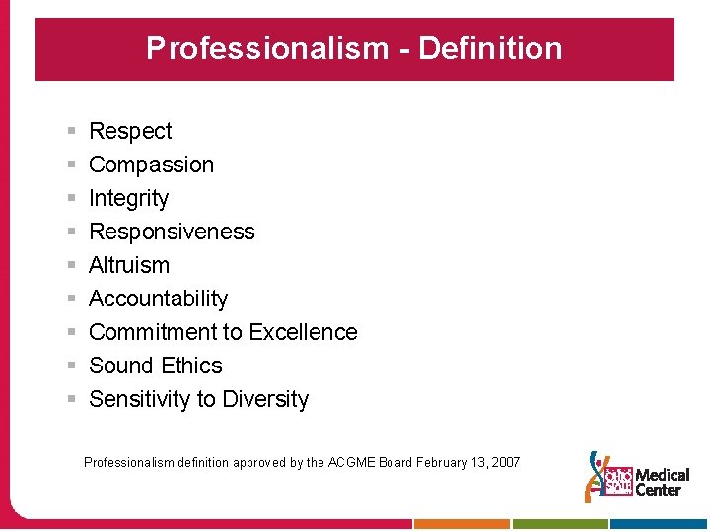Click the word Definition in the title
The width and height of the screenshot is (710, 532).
[490, 48]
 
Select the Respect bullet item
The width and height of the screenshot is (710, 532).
[130, 131]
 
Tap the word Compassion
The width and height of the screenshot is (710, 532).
[151, 165]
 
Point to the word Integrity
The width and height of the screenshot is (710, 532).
[128, 198]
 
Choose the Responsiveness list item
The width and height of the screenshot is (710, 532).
[172, 232]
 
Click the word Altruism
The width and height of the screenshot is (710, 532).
[129, 265]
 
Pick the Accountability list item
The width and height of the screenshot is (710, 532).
[158, 299]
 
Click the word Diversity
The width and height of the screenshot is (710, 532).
[265, 399]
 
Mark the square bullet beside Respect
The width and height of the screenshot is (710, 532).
[72, 131]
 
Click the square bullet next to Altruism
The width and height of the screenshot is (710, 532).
[72, 265]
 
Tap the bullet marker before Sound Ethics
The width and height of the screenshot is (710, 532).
[72, 366]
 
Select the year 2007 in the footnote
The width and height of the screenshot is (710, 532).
[504, 462]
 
